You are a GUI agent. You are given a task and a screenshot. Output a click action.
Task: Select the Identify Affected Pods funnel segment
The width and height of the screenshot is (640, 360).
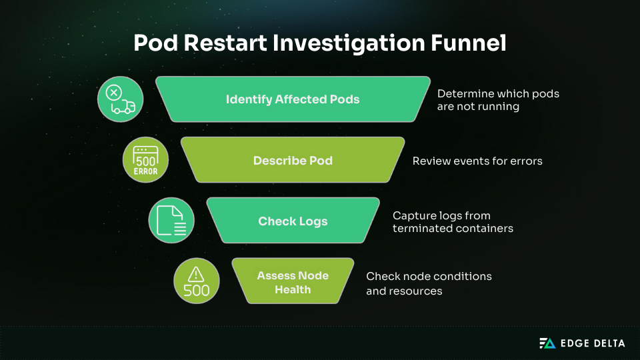293,99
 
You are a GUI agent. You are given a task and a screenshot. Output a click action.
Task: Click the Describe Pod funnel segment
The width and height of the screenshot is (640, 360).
293,161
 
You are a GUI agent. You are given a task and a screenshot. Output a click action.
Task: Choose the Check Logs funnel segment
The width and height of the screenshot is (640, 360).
293,221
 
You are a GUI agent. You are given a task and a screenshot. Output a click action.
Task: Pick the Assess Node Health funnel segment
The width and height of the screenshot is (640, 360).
293,283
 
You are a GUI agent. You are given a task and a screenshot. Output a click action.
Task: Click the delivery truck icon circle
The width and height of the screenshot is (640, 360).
121,99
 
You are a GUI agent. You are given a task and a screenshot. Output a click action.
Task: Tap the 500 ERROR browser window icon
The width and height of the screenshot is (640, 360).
146,161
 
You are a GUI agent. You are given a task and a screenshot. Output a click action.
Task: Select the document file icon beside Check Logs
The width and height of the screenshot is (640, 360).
171,221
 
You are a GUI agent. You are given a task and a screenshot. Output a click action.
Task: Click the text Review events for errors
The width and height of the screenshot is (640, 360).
477,161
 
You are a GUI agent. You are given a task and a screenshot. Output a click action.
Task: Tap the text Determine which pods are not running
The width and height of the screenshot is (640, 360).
498,100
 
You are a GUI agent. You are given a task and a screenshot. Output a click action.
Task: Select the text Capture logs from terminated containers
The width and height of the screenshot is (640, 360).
453,222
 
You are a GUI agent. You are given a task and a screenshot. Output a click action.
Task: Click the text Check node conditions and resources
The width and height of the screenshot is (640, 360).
429,283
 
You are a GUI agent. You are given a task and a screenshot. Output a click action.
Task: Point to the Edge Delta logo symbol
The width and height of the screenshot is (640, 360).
547,343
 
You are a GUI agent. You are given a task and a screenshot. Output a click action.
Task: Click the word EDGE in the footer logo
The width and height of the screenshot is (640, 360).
573,343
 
